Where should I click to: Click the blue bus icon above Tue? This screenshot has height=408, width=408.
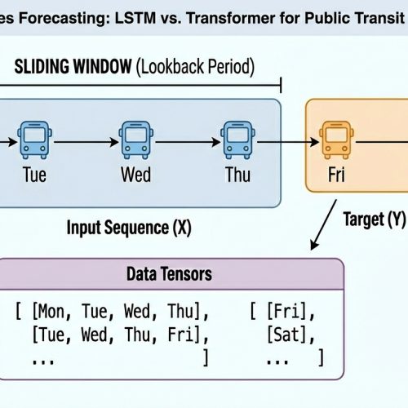(33, 140)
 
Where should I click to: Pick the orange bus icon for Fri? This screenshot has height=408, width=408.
(335, 140)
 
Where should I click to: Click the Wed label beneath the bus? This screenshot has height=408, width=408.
(135, 175)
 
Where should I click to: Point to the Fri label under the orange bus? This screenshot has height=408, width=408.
(335, 175)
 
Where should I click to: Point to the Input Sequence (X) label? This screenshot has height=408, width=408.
(129, 228)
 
